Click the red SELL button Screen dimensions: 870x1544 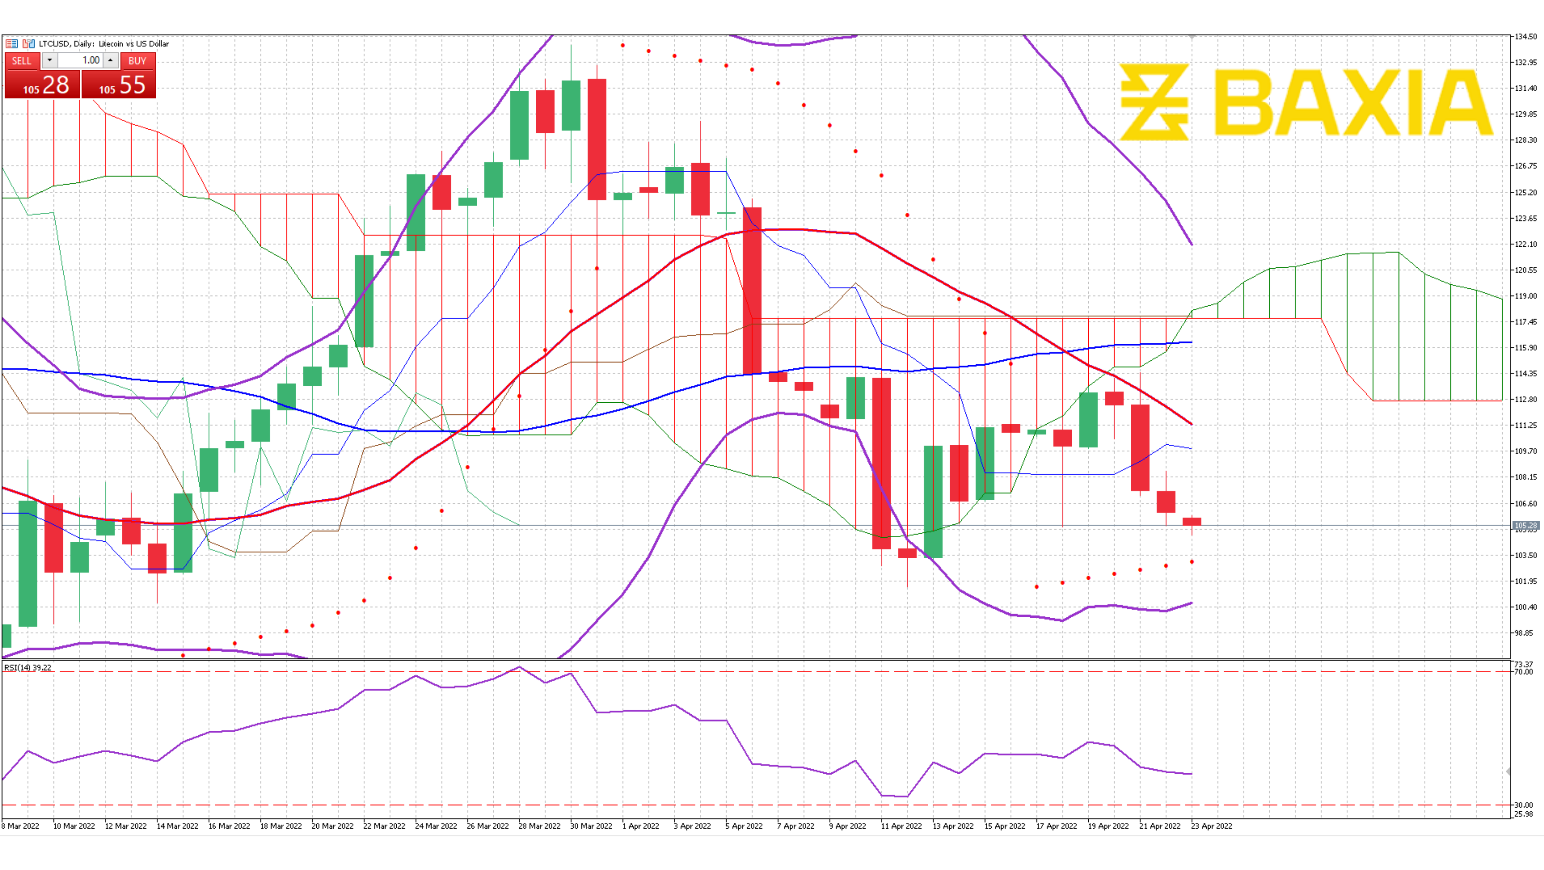pyautogui.click(x=22, y=61)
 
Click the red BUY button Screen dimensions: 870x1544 pyautogui.click(x=137, y=61)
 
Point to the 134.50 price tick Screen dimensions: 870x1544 pyautogui.click(x=1525, y=37)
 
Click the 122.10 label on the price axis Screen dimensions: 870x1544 pyautogui.click(x=1525, y=244)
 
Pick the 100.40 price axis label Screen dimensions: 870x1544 pyautogui.click(x=1525, y=607)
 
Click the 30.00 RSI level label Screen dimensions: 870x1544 pyautogui.click(x=1524, y=805)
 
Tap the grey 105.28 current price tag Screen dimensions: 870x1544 pyautogui.click(x=1525, y=525)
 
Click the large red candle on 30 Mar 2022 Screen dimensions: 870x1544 pyautogui.click(x=597, y=139)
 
